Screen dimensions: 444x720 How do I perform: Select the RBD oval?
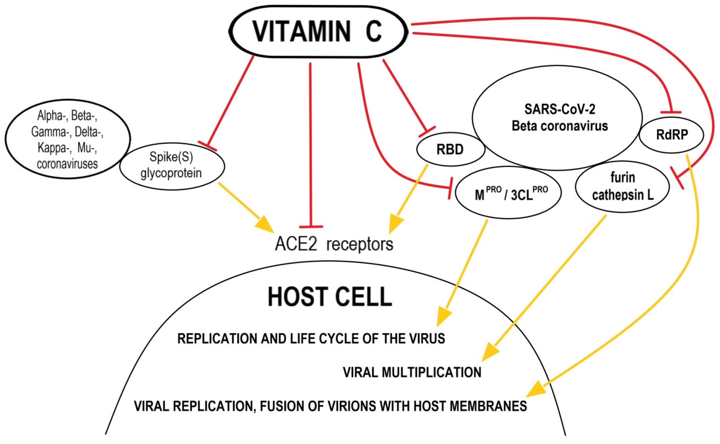point(450,150)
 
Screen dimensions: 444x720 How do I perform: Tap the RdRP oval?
point(672,135)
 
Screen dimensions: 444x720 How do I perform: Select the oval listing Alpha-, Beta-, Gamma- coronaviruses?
point(68,139)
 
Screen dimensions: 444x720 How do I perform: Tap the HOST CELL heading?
point(330,297)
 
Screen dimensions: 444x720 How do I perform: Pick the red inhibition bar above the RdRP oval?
point(670,112)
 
